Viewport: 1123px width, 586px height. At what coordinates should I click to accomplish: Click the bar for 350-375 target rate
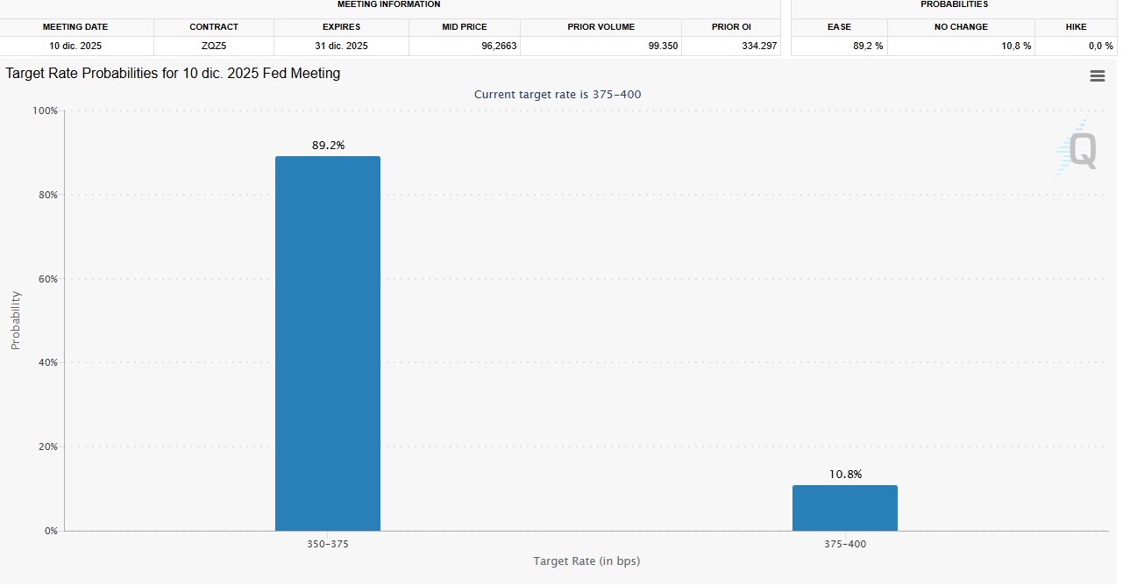pyautogui.click(x=328, y=343)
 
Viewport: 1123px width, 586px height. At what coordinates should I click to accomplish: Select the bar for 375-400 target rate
pyautogui.click(x=844, y=508)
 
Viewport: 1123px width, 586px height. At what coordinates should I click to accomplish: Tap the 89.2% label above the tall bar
pyautogui.click(x=328, y=146)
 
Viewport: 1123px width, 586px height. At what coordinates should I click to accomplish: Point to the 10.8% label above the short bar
pyautogui.click(x=845, y=475)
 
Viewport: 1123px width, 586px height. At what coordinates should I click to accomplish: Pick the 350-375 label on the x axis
pyautogui.click(x=329, y=545)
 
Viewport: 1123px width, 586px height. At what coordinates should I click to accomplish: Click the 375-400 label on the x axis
pyautogui.click(x=845, y=545)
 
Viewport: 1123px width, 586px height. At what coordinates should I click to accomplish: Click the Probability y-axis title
pyautogui.click(x=16, y=320)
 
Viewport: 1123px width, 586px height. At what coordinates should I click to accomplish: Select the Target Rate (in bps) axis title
pyautogui.click(x=586, y=561)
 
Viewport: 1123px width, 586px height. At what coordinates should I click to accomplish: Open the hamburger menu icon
pyautogui.click(x=1097, y=76)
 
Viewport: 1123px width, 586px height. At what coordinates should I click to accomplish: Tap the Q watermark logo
pyautogui.click(x=1078, y=149)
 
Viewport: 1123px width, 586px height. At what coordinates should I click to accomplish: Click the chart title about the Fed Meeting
pyautogui.click(x=173, y=74)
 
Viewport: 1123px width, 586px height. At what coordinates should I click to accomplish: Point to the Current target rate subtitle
pyautogui.click(x=564, y=95)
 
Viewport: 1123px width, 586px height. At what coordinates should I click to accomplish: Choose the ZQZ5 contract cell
pyautogui.click(x=214, y=46)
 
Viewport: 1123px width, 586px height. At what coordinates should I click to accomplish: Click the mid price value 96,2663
pyautogui.click(x=499, y=46)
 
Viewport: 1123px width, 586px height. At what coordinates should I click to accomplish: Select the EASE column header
pyautogui.click(x=839, y=27)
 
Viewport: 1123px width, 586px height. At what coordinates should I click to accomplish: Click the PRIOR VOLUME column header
pyautogui.click(x=601, y=27)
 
